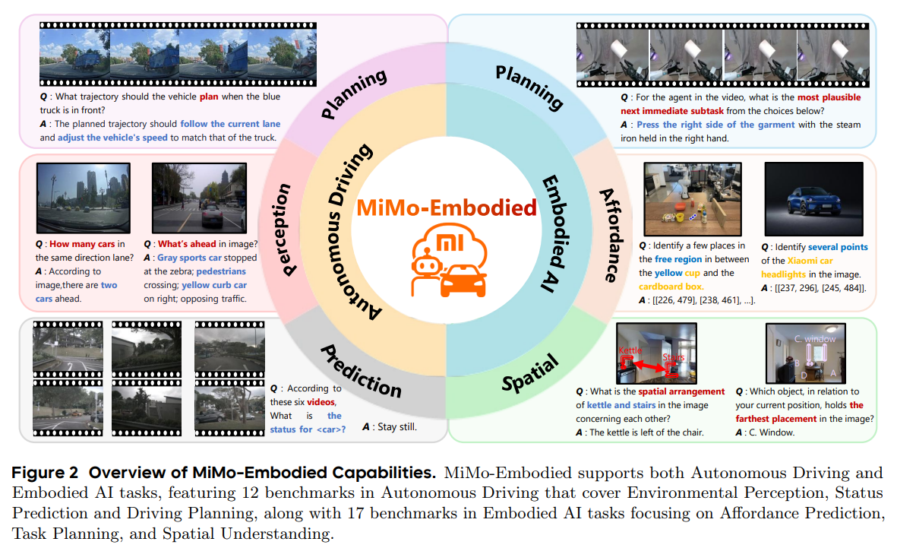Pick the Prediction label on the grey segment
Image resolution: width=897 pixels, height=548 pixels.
click(x=361, y=370)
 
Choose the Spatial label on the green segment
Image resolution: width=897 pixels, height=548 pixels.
click(x=530, y=371)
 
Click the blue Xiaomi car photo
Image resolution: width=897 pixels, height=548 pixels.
click(x=814, y=198)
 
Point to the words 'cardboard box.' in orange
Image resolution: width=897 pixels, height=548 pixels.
click(x=671, y=287)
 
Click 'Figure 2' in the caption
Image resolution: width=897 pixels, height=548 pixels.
click(x=44, y=473)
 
